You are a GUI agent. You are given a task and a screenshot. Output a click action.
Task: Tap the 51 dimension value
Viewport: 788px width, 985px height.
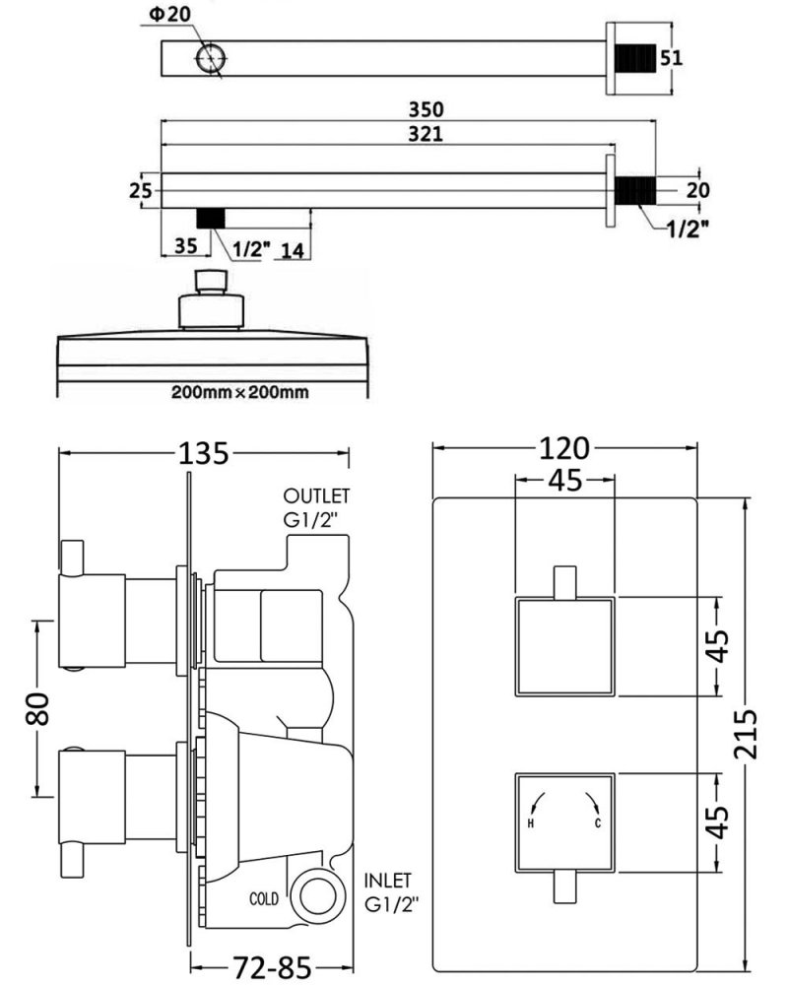(671, 57)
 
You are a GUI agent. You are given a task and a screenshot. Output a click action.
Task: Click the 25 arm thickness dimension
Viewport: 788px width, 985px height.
(141, 190)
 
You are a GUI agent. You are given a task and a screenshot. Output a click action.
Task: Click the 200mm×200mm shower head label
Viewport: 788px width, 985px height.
(239, 392)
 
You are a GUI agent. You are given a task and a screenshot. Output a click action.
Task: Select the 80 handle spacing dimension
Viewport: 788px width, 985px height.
(36, 708)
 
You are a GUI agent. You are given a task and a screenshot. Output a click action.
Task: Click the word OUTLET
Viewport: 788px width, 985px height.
(316, 495)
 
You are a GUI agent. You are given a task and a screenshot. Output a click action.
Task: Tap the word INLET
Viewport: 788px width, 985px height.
(387, 880)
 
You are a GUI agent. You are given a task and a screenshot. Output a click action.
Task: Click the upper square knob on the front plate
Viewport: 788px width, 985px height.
(564, 646)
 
